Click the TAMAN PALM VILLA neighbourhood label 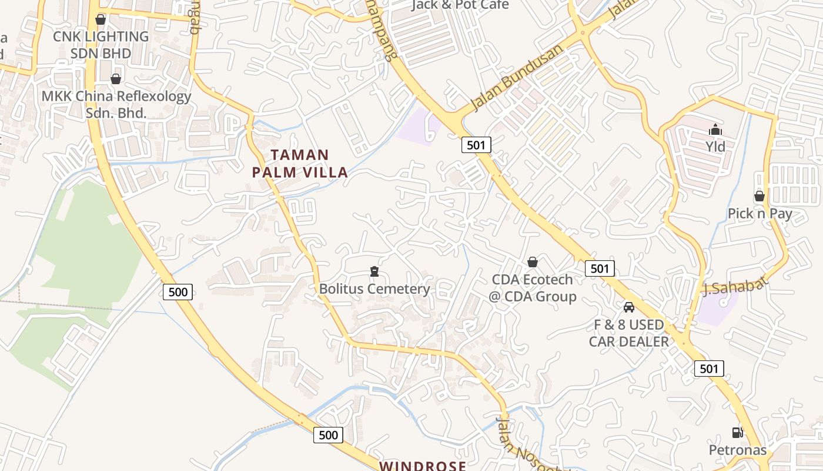click(x=300, y=164)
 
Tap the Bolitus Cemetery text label click(x=374, y=289)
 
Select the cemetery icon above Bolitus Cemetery click(x=374, y=271)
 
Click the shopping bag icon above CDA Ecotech click(x=533, y=262)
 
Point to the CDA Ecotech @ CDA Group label click(x=533, y=288)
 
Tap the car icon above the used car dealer click(x=629, y=307)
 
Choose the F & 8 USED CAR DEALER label click(x=629, y=333)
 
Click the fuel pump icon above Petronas click(x=737, y=433)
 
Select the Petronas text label click(x=738, y=450)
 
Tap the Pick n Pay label click(x=760, y=213)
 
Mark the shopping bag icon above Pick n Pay click(x=760, y=196)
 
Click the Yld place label click(x=715, y=145)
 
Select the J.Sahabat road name click(x=735, y=286)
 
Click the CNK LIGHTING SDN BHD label click(x=101, y=45)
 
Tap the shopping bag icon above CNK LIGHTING click(x=101, y=19)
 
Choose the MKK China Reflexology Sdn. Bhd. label click(x=116, y=104)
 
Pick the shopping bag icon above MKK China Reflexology click(x=116, y=79)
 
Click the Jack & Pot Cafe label click(x=460, y=5)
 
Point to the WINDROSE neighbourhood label click(x=423, y=466)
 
